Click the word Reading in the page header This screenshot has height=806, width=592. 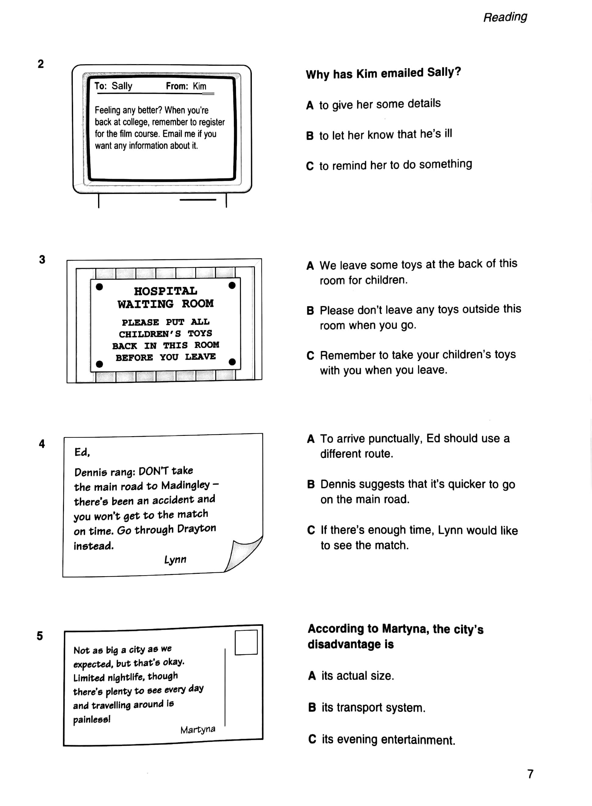[x=505, y=17]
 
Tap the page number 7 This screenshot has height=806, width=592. [x=530, y=774]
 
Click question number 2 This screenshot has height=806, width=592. [x=41, y=64]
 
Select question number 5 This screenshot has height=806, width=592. [x=40, y=636]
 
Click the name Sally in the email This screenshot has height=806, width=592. [x=122, y=86]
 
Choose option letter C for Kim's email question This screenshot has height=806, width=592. [x=310, y=166]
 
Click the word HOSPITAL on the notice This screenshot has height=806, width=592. [x=166, y=291]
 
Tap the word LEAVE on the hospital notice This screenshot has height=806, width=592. [x=200, y=357]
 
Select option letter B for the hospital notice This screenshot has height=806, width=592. [x=310, y=310]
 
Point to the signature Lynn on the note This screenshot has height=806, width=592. [x=175, y=559]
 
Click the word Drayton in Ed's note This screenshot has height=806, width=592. [x=196, y=529]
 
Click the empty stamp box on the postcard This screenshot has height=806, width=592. [x=246, y=642]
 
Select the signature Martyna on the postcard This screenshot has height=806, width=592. [x=198, y=730]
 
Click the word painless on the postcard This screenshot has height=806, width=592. [x=92, y=719]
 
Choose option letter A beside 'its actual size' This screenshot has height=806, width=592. [x=312, y=676]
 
